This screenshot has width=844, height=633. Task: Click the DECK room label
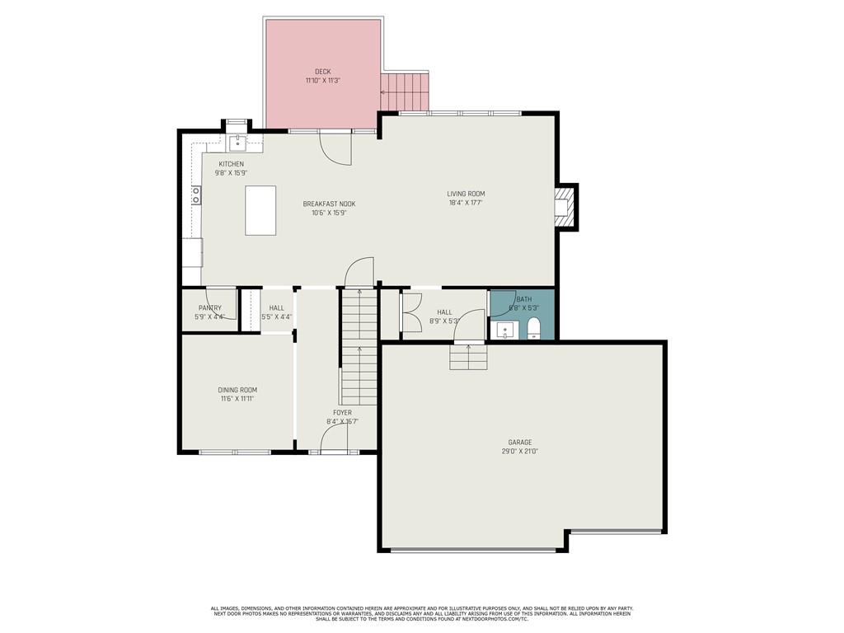click(322, 72)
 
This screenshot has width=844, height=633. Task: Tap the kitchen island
click(260, 210)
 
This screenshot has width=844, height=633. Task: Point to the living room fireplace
click(565, 206)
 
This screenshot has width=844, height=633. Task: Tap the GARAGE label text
click(519, 443)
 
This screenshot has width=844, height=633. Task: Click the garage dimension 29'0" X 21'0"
click(519, 452)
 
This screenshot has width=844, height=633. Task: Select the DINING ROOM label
click(237, 390)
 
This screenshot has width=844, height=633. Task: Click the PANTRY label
click(209, 308)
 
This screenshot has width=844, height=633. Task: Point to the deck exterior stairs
click(405, 91)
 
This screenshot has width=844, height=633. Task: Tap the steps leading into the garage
click(467, 358)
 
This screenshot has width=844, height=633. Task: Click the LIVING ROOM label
click(466, 194)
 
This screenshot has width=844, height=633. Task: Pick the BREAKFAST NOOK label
click(329, 204)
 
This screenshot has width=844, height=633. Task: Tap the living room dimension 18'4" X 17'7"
click(466, 203)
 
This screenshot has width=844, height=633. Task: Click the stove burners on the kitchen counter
click(196, 195)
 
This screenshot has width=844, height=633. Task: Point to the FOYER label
click(342, 412)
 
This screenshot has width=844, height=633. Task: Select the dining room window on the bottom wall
click(236, 452)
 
